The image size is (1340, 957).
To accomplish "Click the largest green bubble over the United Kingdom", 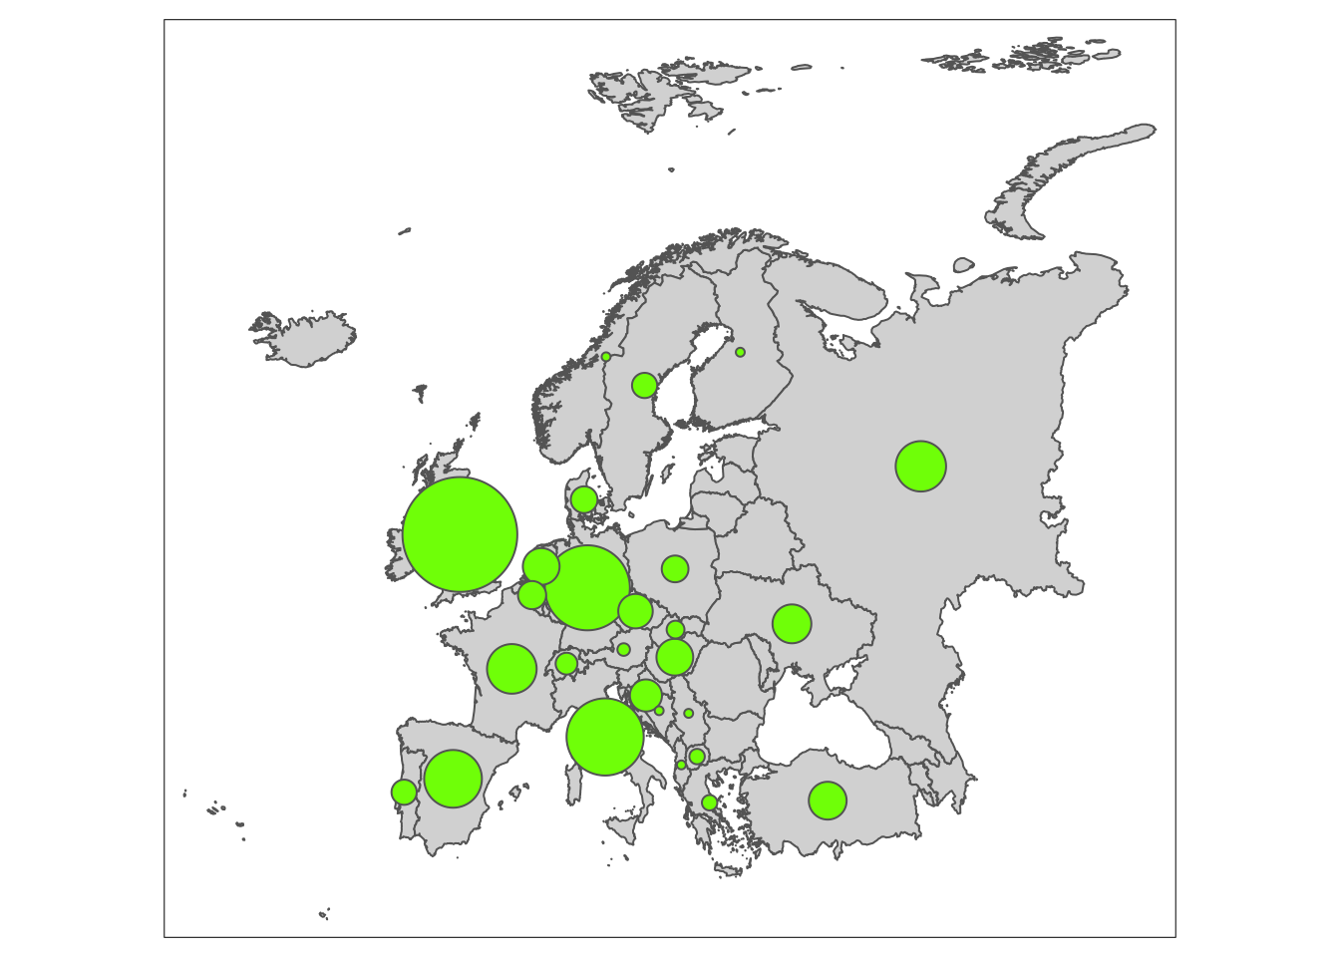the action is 460,534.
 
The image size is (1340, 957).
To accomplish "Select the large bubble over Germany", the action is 587,587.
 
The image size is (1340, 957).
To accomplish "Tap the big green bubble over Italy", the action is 605,737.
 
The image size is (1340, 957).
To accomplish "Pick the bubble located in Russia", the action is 920,466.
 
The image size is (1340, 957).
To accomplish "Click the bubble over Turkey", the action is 828,799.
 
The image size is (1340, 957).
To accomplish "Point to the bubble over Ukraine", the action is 792,623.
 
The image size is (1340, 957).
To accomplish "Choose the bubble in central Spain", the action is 454,779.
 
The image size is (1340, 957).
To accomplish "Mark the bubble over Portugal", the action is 404,792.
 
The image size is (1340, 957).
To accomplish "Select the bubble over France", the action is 511,668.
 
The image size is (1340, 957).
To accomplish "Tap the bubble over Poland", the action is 675,568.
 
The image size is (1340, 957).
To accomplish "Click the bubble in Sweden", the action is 644,385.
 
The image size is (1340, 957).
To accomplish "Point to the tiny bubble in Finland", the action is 740,352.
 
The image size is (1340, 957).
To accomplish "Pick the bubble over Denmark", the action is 583,499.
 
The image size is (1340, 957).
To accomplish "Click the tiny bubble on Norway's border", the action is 605,356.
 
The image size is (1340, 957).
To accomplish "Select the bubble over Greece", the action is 709,802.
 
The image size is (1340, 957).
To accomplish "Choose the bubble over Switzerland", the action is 566,663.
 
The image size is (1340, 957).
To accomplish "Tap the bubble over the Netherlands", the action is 540,566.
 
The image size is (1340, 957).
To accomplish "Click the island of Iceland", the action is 304,339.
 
